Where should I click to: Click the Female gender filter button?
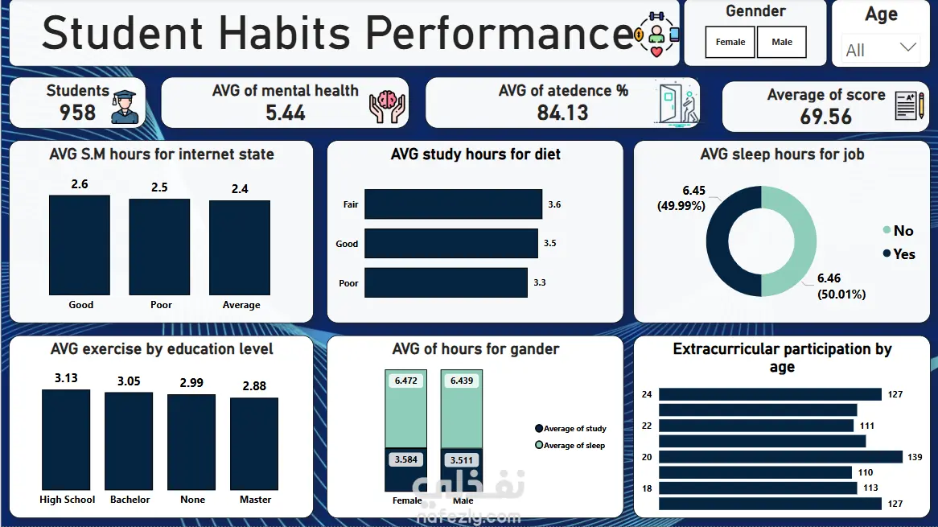tap(730, 43)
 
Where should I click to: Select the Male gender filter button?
tap(781, 43)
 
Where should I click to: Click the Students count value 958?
tap(77, 113)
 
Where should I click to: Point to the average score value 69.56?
tap(825, 117)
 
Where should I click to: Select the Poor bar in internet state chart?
tap(159, 247)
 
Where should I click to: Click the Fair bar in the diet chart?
tap(453, 204)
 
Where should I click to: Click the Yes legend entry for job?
tap(898, 254)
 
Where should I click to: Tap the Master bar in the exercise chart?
tap(254, 444)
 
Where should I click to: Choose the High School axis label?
tap(68, 500)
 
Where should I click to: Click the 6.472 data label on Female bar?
tap(406, 381)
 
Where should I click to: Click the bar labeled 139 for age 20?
tap(780, 457)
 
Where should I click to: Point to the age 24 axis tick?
tap(647, 394)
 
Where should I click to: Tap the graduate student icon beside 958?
tap(125, 106)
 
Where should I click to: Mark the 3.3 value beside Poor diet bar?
tap(551, 283)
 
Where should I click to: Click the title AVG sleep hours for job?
tap(782, 154)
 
